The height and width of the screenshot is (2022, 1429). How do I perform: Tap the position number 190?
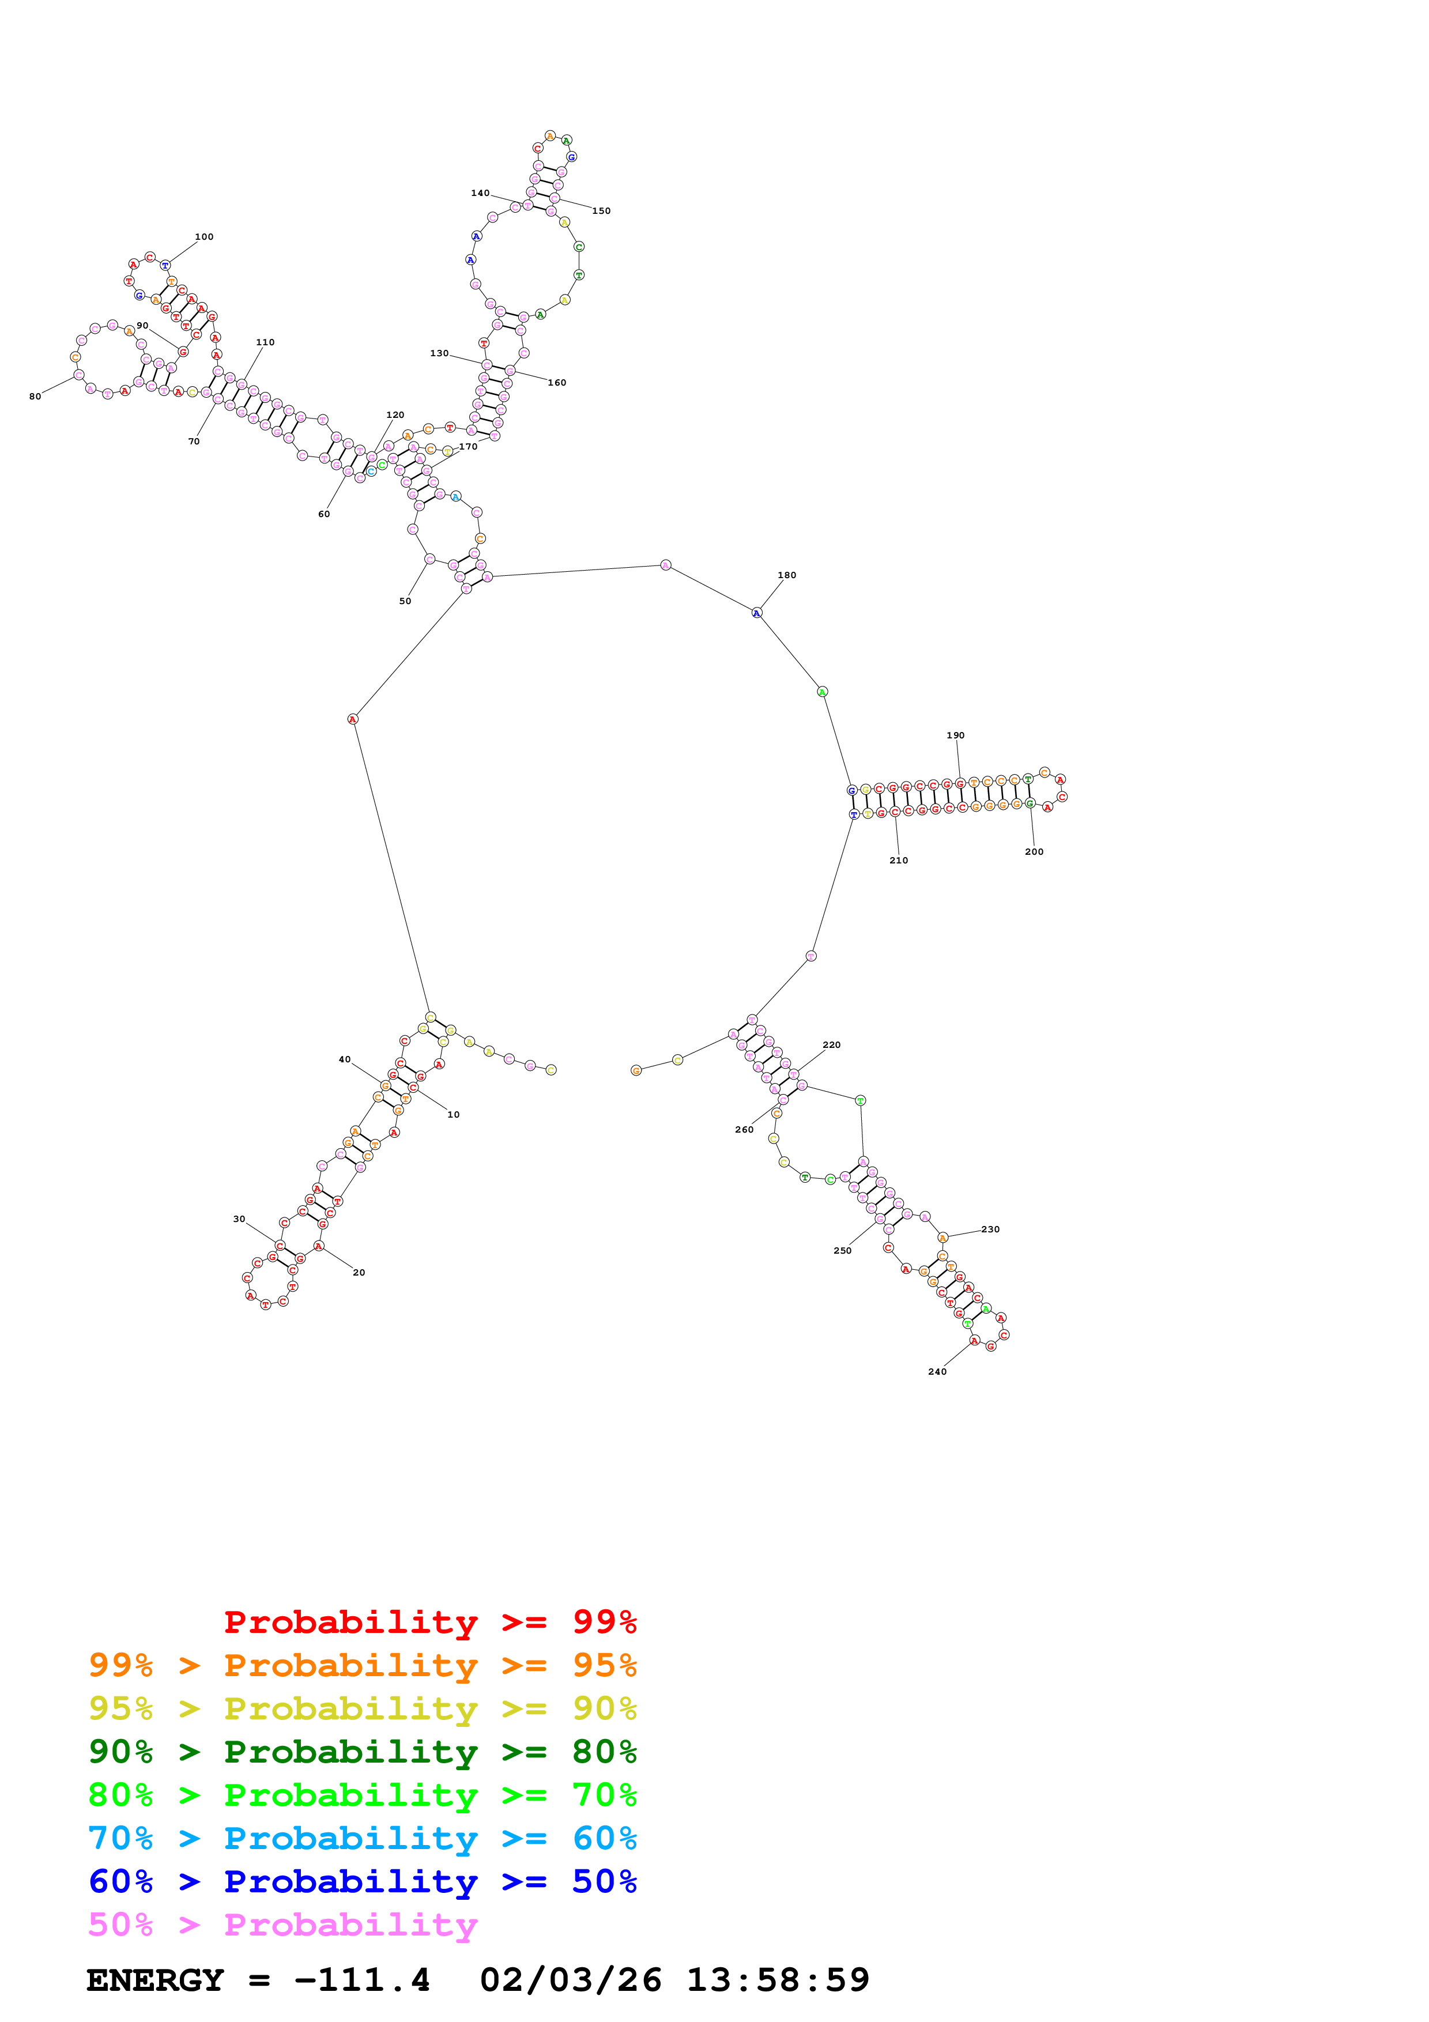pos(955,735)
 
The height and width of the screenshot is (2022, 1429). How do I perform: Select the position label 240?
pos(937,1371)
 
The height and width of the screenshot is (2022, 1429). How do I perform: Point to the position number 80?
pos(35,397)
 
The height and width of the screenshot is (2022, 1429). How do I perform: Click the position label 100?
pos(204,237)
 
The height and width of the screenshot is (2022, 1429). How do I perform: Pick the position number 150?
pos(601,212)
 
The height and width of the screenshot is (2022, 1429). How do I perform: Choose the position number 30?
pos(239,1219)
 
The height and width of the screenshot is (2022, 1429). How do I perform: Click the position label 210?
pos(898,861)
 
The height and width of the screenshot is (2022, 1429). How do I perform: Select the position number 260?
pos(744,1130)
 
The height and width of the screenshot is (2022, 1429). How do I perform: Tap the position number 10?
pos(454,1115)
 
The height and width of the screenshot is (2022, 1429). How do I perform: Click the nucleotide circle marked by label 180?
pos(756,613)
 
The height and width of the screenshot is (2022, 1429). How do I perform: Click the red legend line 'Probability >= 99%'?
pos(429,1621)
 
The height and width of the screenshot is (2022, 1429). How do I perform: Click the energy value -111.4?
pos(362,1980)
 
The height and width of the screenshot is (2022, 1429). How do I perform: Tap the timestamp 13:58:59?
pos(778,1980)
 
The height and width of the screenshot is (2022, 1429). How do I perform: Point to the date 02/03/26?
pos(571,1980)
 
